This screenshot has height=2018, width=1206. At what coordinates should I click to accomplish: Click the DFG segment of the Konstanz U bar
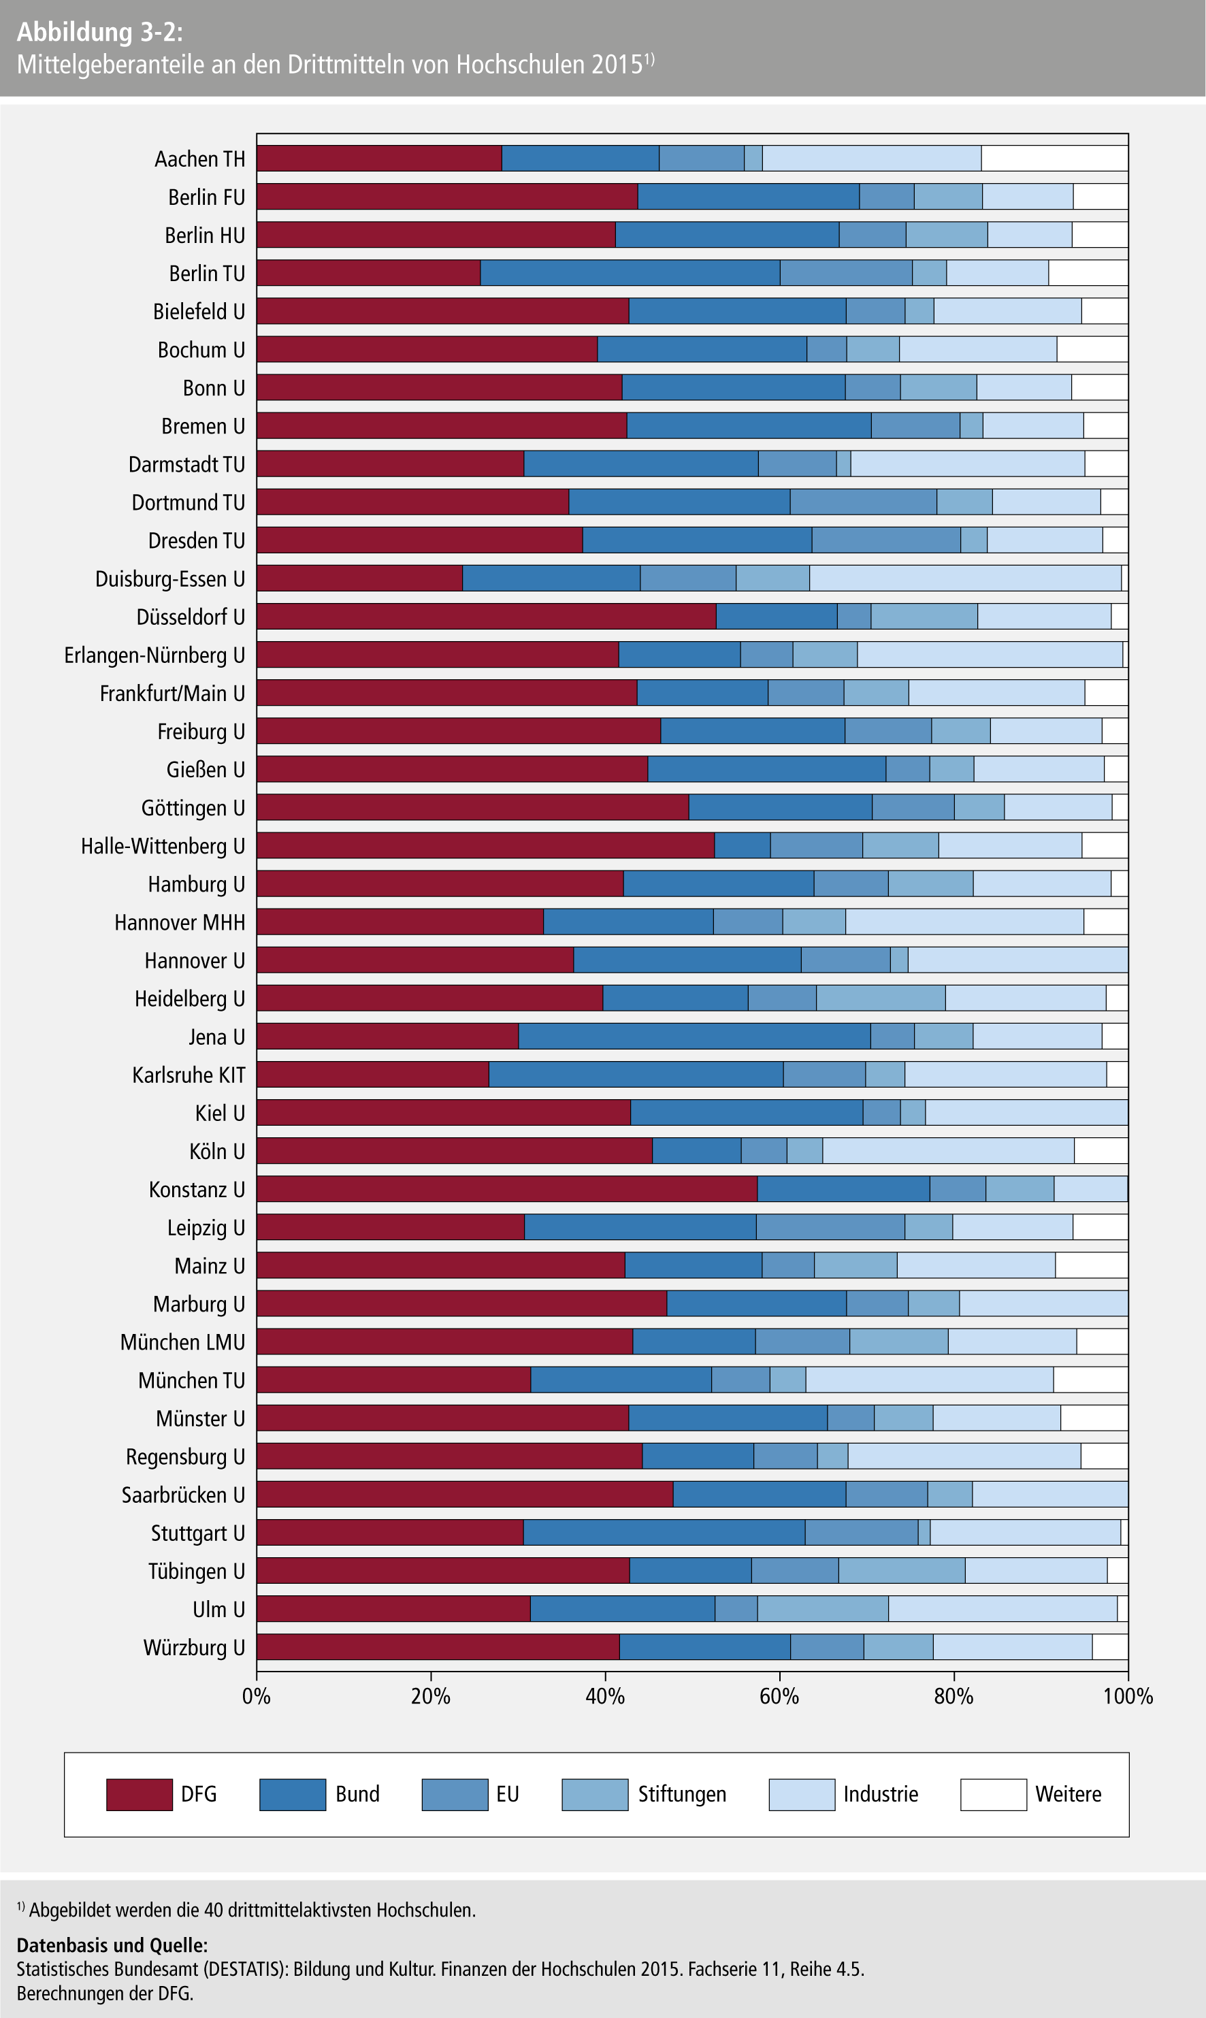[506, 1189]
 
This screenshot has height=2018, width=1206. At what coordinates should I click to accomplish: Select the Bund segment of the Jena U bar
[694, 1037]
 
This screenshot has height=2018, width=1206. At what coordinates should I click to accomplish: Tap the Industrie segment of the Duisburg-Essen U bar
[964, 579]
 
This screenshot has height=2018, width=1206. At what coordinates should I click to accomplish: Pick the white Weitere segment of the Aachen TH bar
[1054, 159]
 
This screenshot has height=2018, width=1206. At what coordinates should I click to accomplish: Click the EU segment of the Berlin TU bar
[845, 273]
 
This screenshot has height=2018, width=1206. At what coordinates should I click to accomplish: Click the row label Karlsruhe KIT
[189, 1075]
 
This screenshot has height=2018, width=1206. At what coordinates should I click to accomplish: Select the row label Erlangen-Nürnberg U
[154, 655]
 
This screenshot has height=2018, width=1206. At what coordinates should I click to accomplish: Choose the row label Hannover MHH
[180, 922]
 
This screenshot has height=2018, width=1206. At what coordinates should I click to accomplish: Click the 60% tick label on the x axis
[779, 1696]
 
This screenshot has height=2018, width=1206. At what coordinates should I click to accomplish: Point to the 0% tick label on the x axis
[257, 1696]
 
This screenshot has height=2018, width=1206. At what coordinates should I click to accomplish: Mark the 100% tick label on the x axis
[1128, 1696]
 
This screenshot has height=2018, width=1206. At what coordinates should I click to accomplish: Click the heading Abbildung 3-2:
[100, 32]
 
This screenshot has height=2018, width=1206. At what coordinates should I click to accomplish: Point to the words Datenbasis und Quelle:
[112, 1945]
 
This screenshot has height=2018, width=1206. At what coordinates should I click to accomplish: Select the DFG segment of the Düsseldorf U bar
[486, 617]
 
